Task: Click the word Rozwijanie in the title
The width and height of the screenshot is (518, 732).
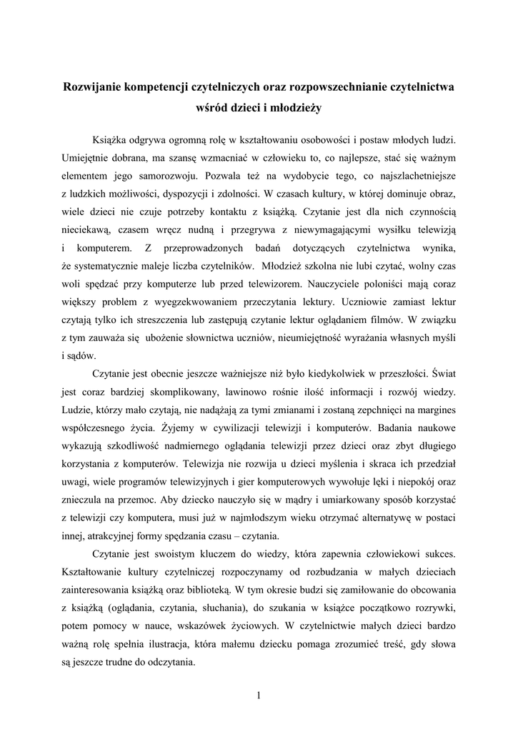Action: point(93,87)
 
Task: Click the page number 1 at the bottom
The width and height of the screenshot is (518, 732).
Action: point(259,696)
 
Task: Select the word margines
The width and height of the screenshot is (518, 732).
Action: point(433,410)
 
